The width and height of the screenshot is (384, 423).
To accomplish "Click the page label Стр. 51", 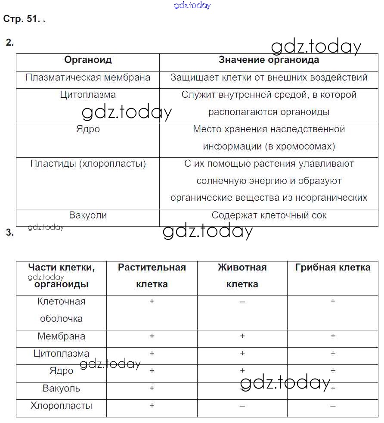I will point(21,19).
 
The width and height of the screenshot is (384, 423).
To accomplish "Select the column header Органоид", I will point(88,60).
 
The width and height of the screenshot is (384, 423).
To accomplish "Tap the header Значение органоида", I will point(269,60).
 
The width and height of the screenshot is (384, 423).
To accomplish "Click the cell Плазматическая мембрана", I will point(88,78).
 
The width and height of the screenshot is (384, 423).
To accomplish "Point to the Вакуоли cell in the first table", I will point(88,215).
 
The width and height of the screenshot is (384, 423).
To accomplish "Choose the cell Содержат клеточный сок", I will point(269,215).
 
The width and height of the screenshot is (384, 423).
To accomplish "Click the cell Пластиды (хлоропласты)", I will point(88,164).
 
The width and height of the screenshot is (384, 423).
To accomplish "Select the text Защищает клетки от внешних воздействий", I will point(269,78).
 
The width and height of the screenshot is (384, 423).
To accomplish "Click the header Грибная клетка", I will point(333,267).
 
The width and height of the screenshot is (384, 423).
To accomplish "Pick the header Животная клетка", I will point(242,276).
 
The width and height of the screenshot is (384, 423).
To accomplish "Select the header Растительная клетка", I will point(152,276).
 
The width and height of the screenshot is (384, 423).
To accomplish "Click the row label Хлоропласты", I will point(62,406).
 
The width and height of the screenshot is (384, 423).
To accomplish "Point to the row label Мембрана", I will point(62,336).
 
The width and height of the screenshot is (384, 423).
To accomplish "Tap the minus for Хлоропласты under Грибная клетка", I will point(333,406).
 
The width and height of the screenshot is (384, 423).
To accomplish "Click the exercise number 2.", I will point(10,42).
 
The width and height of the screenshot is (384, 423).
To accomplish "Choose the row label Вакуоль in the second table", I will point(62,389).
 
